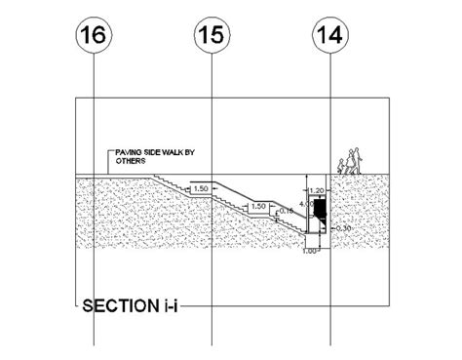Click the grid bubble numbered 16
(x=95, y=39)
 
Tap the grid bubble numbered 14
(x=328, y=39)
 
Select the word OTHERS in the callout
(x=131, y=162)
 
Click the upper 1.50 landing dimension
(x=202, y=188)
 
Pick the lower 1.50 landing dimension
(x=258, y=207)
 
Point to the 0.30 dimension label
(x=340, y=228)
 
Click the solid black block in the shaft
(x=320, y=209)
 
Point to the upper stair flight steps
(x=168, y=180)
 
